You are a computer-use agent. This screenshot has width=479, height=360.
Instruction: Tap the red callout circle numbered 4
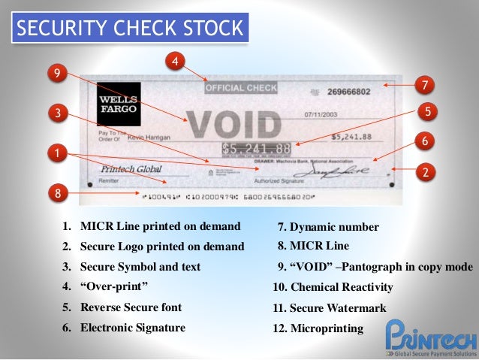click(x=175, y=61)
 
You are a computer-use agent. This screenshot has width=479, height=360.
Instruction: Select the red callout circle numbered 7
click(x=424, y=84)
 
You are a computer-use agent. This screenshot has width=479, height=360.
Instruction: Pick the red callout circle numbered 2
click(x=425, y=172)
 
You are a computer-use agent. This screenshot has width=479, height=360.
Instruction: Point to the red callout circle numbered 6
click(x=425, y=141)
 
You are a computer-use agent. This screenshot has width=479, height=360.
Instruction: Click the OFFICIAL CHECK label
click(x=241, y=88)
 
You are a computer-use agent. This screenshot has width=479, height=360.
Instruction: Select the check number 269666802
click(x=349, y=92)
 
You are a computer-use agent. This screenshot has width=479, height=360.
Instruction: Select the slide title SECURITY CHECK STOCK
click(x=130, y=29)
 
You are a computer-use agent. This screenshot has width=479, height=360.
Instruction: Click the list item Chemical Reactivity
click(x=333, y=287)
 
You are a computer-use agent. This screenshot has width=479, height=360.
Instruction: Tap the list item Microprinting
click(x=318, y=328)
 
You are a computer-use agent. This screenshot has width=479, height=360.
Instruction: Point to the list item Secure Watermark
click(x=330, y=308)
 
